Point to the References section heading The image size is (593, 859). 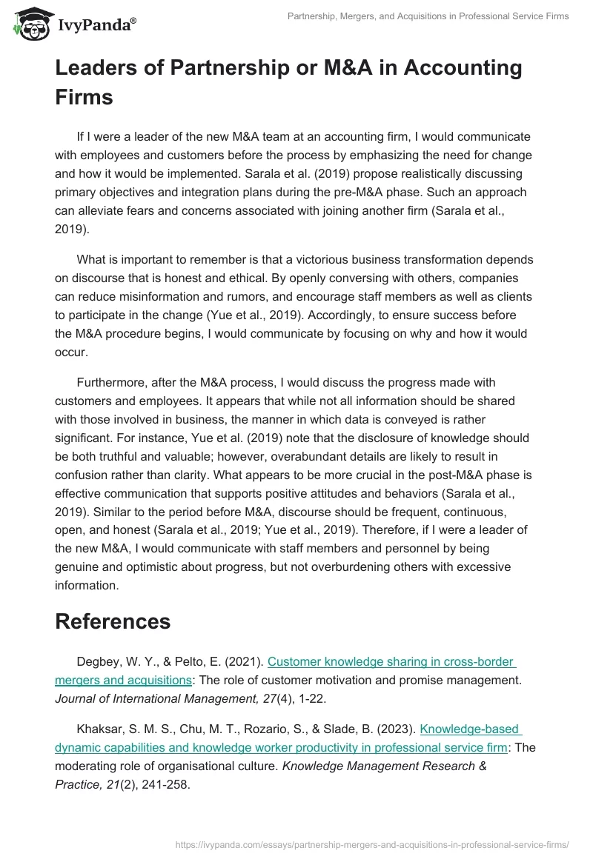coord(113,621)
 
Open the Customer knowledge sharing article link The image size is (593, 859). coord(391,662)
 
